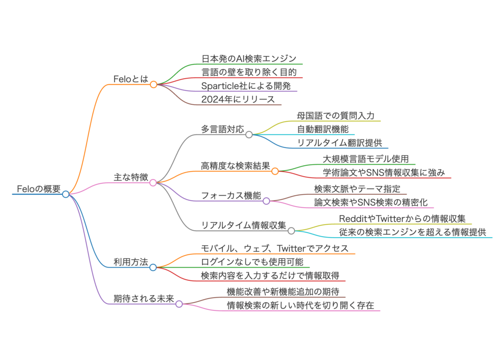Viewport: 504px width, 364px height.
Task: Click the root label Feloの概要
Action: click(38, 189)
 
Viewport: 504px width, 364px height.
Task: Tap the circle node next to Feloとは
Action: click(154, 85)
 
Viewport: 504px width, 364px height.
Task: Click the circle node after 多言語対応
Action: click(249, 134)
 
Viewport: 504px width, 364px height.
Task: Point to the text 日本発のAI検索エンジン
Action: click(249, 59)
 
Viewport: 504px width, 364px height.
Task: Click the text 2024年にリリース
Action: click(238, 99)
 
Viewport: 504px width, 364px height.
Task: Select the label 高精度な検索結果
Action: click(235, 166)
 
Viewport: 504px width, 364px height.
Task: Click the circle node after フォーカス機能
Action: click(266, 201)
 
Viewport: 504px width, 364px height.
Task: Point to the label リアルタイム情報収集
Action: click(243, 225)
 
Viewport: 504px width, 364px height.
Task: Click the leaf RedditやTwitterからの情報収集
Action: click(402, 219)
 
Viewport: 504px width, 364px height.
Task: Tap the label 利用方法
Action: click(130, 262)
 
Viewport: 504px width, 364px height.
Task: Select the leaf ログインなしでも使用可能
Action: click(252, 262)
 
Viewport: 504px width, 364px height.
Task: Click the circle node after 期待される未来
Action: click(179, 304)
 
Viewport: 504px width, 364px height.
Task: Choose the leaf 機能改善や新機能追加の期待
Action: click(283, 292)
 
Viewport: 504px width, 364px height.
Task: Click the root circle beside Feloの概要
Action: click(66, 194)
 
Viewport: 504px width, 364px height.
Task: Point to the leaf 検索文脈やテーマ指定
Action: click(357, 189)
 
